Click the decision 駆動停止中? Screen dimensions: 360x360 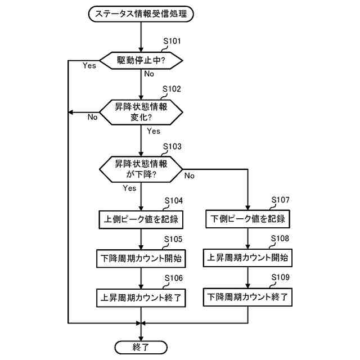click(x=141, y=59)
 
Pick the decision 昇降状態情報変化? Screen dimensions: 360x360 click(x=141, y=112)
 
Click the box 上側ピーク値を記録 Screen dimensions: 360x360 click(x=141, y=218)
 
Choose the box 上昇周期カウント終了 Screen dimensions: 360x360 click(x=141, y=298)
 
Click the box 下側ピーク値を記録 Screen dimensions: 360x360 click(x=248, y=218)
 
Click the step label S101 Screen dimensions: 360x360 click(x=172, y=41)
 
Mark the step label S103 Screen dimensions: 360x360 click(x=172, y=146)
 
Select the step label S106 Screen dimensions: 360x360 click(x=173, y=278)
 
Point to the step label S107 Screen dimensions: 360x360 click(x=280, y=200)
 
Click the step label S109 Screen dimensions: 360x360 click(x=280, y=278)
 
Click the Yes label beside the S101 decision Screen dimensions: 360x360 click(x=89, y=66)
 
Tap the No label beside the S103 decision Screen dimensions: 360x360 click(x=189, y=176)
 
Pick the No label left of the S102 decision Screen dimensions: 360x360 click(x=92, y=118)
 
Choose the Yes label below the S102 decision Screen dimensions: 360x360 click(x=153, y=132)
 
